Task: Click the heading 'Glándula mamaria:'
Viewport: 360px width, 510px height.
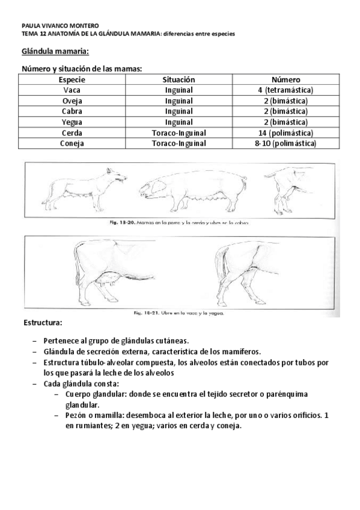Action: point(55,52)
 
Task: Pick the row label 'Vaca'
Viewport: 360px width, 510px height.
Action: point(72,90)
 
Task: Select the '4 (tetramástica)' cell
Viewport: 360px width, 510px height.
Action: point(285,90)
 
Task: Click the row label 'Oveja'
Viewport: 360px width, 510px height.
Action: point(72,101)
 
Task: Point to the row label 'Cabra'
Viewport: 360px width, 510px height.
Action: point(72,111)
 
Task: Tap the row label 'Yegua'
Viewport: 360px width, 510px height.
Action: point(72,122)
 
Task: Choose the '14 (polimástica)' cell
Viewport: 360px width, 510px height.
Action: point(285,132)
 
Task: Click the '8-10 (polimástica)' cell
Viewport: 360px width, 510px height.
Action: point(285,143)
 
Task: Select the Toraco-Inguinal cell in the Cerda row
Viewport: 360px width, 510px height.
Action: point(178,132)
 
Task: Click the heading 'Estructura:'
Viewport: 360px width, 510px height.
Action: point(43,323)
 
